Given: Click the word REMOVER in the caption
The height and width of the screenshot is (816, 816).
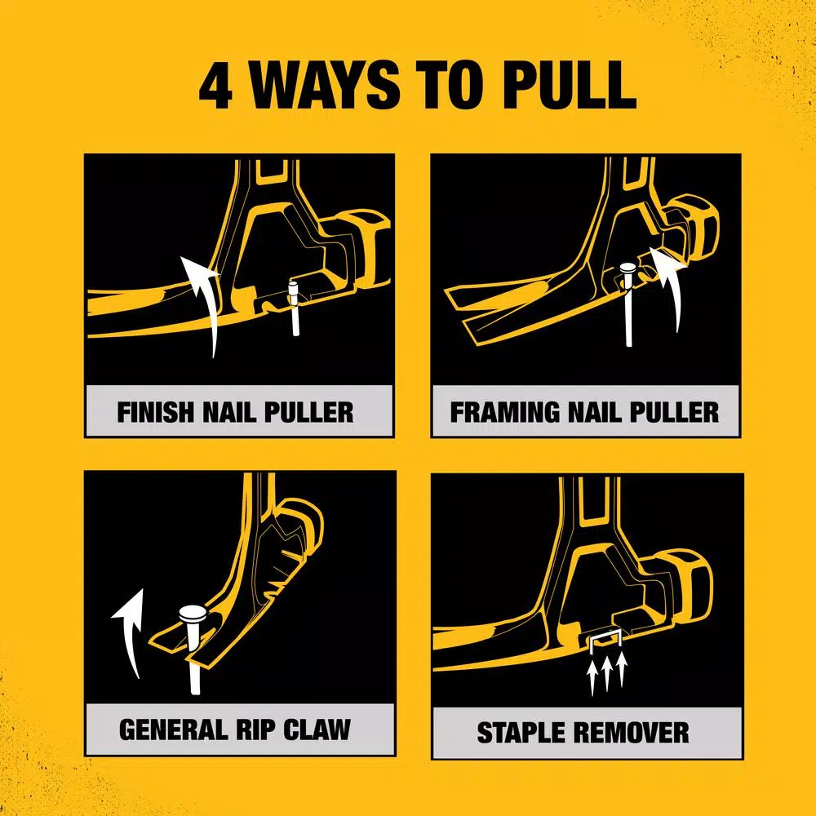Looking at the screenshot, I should [x=636, y=732].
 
